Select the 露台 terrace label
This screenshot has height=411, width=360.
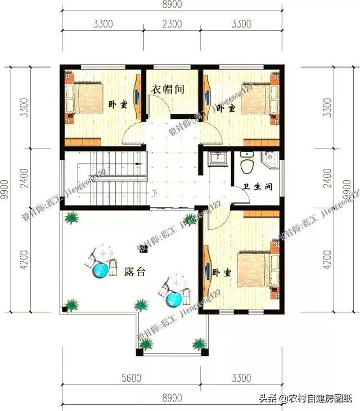[x=135, y=271]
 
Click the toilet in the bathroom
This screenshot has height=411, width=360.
[x=246, y=163]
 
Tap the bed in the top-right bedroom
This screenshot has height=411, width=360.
[x=256, y=99]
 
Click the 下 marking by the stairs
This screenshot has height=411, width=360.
[x=155, y=194]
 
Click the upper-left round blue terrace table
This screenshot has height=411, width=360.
[x=101, y=269]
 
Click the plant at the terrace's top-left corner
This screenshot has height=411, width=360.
[x=71, y=217]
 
